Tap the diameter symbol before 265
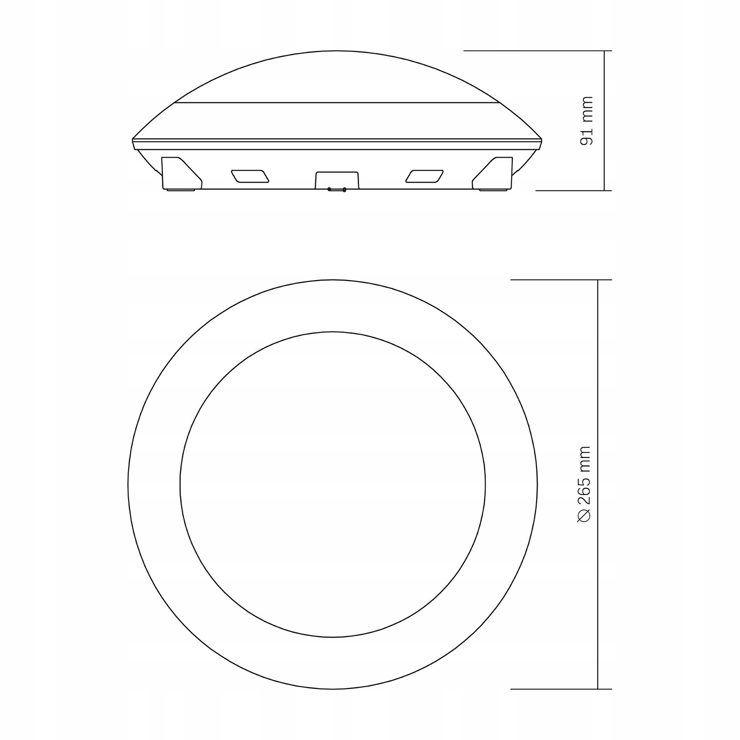584,516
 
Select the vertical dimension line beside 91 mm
605,120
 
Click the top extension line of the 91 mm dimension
538,51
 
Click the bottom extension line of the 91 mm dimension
574,191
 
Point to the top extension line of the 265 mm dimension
561,280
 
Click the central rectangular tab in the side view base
336,180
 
